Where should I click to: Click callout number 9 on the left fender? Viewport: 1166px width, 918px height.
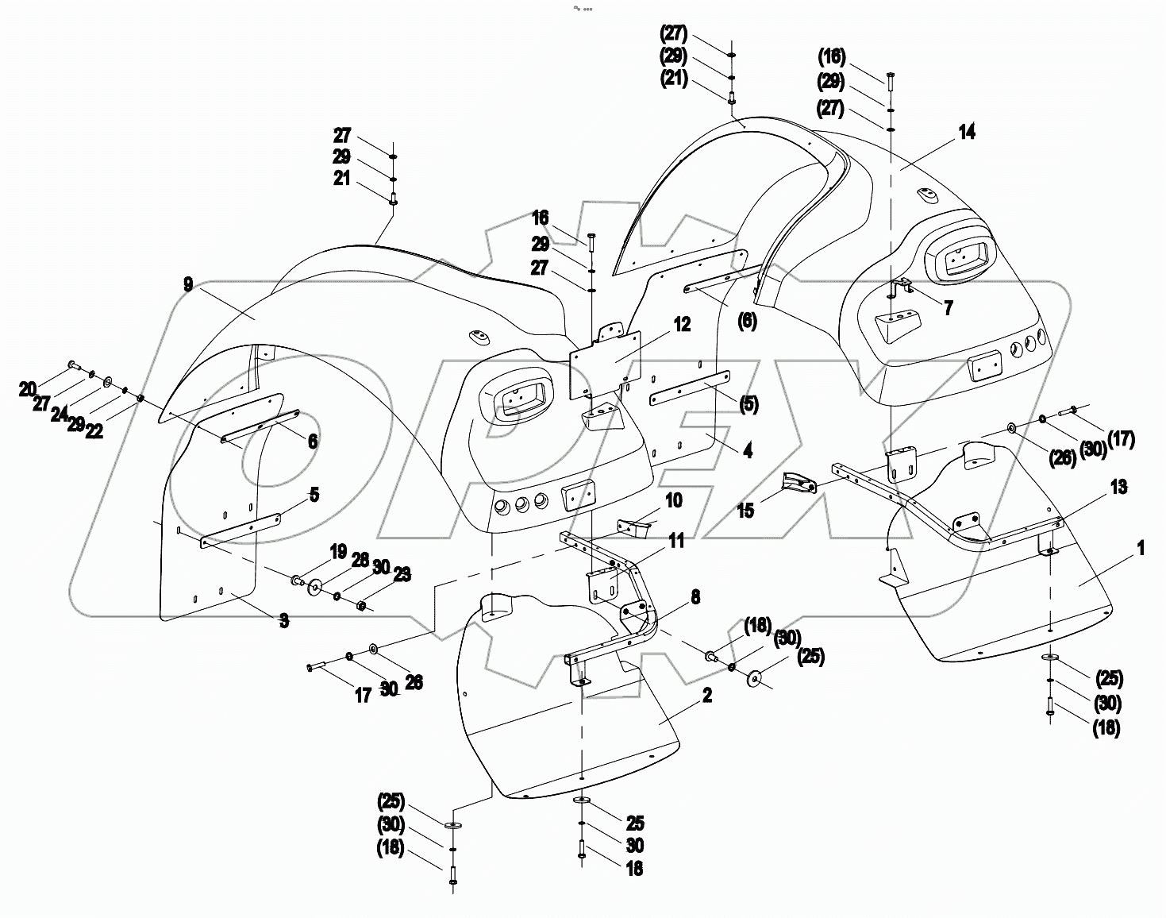click(x=187, y=284)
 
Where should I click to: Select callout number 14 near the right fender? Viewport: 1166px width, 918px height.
click(x=966, y=133)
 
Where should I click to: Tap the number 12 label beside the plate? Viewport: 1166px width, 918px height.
click(x=682, y=324)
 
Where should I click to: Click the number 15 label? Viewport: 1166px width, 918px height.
click(x=746, y=510)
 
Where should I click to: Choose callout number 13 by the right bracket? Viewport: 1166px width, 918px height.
click(x=1118, y=486)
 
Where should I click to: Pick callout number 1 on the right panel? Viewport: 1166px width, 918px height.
click(x=1141, y=549)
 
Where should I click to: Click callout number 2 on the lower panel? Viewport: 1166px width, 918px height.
click(x=706, y=696)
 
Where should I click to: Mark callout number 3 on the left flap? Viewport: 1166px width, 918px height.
click(x=283, y=620)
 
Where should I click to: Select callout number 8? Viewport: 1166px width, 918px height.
click(x=695, y=597)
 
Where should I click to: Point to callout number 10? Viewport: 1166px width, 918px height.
click(x=673, y=500)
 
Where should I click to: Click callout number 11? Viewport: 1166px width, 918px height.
click(x=675, y=542)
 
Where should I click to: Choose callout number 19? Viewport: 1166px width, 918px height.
click(x=338, y=550)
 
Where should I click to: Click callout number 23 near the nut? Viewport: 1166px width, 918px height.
click(x=402, y=574)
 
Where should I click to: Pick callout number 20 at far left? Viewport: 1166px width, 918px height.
click(x=28, y=388)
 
